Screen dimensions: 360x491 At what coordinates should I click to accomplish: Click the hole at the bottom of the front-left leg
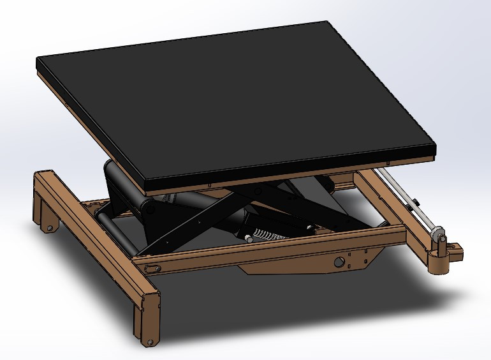coord(150,342)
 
